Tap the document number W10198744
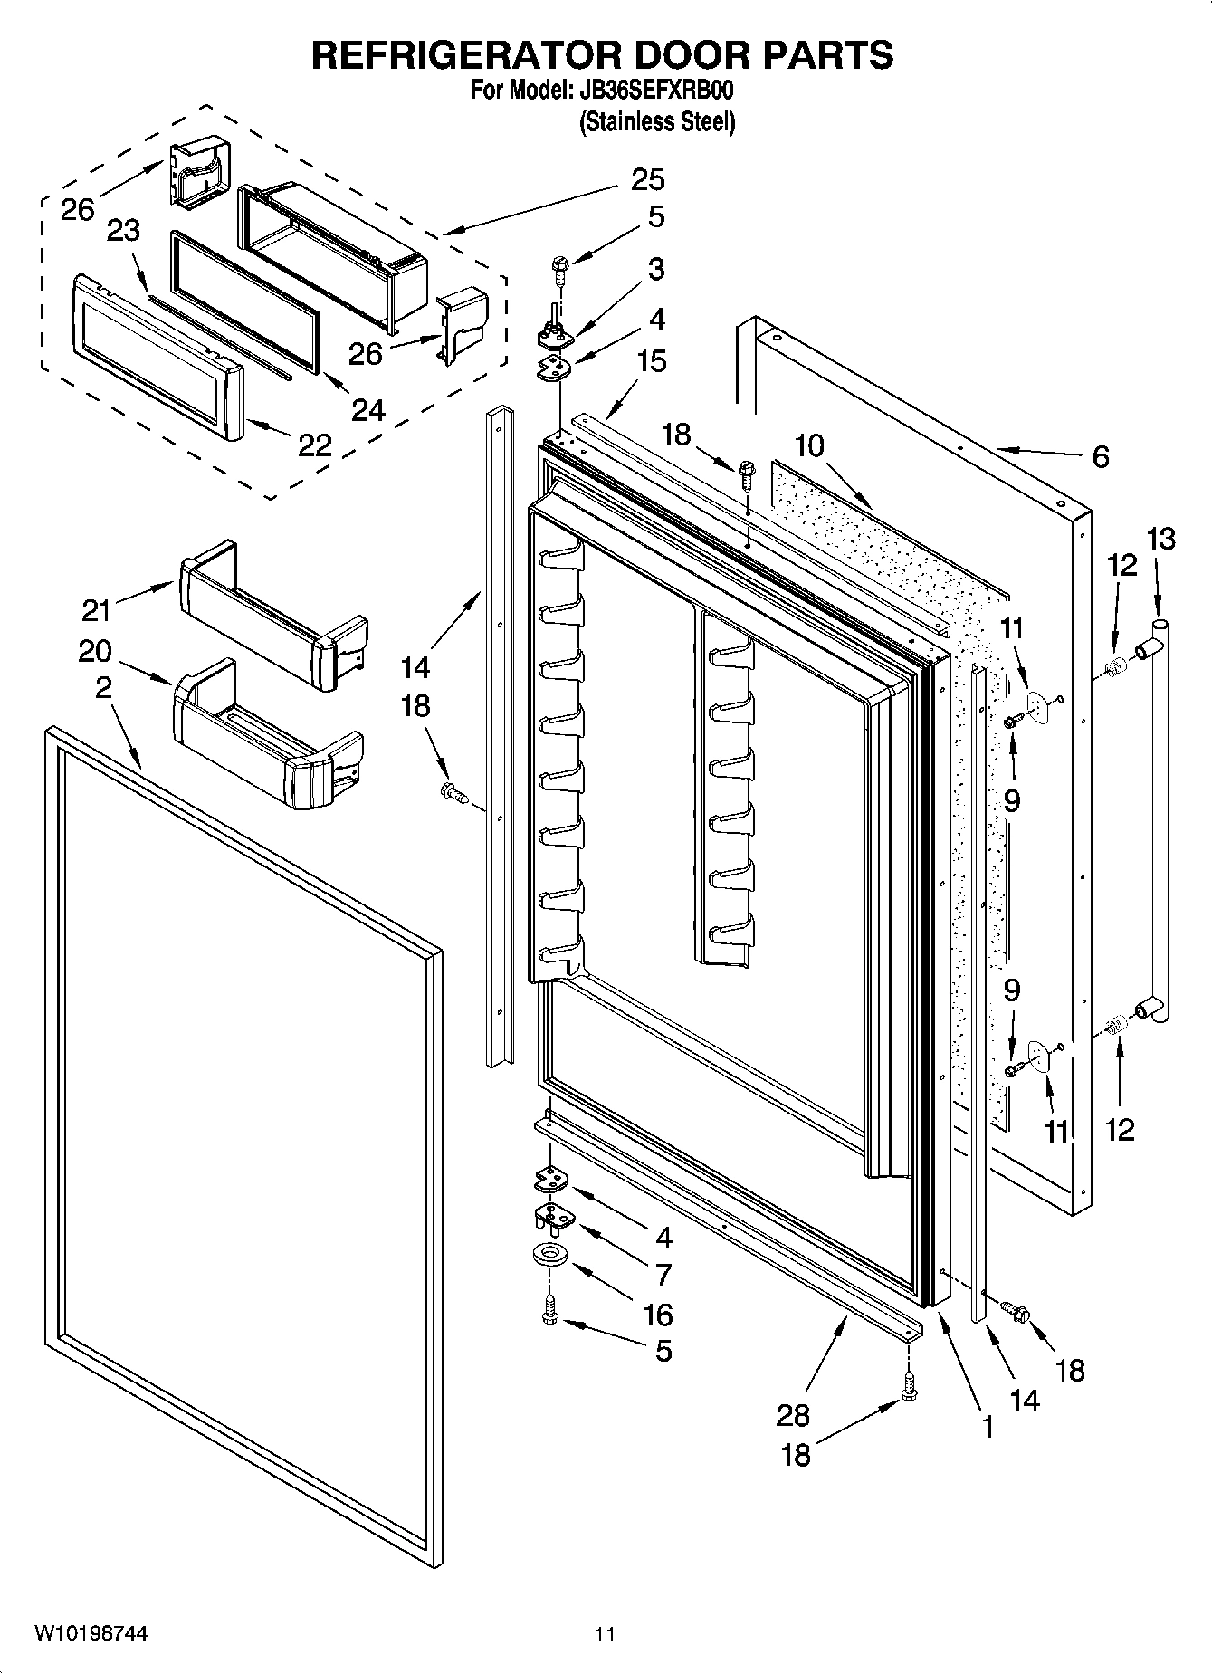tap(91, 1634)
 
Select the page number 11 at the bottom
tap(605, 1635)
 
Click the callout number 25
tap(647, 179)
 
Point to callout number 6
tap(1100, 457)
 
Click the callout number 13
tap(1160, 539)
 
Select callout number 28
tap(793, 1414)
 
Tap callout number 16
tap(657, 1314)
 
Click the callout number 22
tap(314, 445)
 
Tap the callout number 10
tap(810, 445)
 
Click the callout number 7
tap(663, 1275)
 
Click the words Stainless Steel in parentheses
tap(657, 122)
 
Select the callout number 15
tap(651, 361)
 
